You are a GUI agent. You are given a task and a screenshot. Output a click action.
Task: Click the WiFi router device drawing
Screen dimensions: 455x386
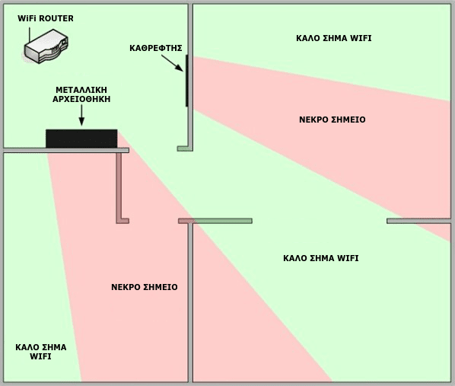[x=46, y=46]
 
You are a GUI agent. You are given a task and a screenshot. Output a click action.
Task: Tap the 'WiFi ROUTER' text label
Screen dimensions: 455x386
[x=46, y=18]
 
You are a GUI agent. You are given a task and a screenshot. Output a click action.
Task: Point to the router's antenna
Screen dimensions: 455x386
[x=30, y=36]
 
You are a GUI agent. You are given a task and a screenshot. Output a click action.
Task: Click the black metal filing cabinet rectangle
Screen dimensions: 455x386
[x=81, y=139]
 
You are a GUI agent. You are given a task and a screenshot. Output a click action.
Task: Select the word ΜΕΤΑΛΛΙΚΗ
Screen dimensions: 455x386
[x=81, y=90]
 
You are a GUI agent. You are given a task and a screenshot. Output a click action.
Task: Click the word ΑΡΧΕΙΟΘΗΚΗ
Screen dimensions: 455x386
[x=81, y=99]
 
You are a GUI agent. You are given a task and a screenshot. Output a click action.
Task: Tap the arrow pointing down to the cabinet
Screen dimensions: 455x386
[x=81, y=115]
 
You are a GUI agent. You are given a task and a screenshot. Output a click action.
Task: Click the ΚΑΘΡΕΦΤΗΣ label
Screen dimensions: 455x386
[x=156, y=48]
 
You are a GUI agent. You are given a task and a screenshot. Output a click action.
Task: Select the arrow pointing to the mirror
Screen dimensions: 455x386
[x=173, y=63]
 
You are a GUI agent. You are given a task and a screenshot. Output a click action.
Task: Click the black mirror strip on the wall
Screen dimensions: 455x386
[x=187, y=81]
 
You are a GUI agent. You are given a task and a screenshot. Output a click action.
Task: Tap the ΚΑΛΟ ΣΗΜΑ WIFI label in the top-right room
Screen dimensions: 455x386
[x=334, y=38]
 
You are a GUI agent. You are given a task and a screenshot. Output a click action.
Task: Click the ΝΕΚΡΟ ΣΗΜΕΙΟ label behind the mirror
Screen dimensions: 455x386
[x=332, y=120]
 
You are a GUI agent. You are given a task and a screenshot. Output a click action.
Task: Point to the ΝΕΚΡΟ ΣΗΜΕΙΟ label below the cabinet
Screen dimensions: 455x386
[x=145, y=287]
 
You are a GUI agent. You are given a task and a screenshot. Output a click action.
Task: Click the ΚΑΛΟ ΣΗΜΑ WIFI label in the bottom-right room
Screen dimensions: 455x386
[x=321, y=258]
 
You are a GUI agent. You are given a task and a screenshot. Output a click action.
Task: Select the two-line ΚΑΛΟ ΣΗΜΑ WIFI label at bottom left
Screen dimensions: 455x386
[x=41, y=352]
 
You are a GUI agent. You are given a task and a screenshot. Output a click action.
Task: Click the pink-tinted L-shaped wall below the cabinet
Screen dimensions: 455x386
[x=119, y=188]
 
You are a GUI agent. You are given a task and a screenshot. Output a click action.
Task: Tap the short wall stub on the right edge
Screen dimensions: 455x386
[x=418, y=221]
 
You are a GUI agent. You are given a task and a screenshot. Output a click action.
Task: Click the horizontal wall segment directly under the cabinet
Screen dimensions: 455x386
[x=66, y=150]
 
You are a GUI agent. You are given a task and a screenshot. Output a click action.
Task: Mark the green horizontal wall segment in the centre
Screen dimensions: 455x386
[x=224, y=221]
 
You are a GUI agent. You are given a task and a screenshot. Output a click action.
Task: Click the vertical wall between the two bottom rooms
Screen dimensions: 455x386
[x=190, y=303]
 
